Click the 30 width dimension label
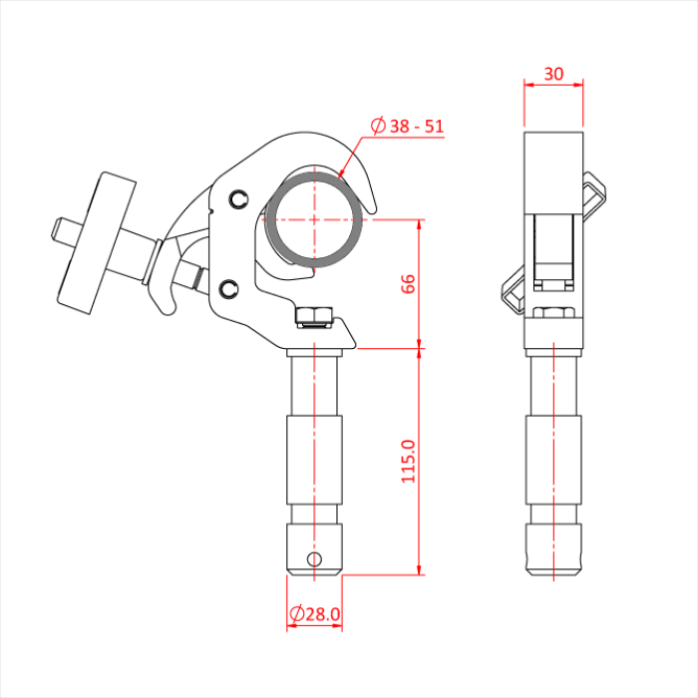pyautogui.click(x=553, y=74)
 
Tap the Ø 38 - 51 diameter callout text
pyautogui.click(x=407, y=126)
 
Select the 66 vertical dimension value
pyautogui.click(x=408, y=284)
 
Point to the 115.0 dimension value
pyautogui.click(x=408, y=461)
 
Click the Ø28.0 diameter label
pyautogui.click(x=315, y=614)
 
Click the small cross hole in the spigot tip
pyautogui.click(x=314, y=558)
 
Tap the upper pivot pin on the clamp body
pyautogui.click(x=238, y=199)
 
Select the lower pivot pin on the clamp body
pyautogui.click(x=228, y=289)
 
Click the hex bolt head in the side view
pyautogui.click(x=553, y=312)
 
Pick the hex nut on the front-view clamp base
pyautogui.click(x=314, y=315)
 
